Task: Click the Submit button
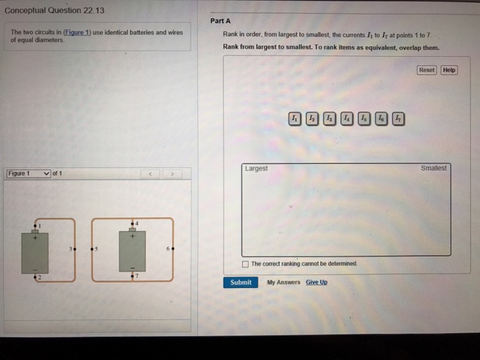point(241,283)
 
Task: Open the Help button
point(449,71)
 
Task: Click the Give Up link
point(316,283)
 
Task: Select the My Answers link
point(284,283)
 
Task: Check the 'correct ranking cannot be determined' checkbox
point(246,263)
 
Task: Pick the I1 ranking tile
point(294,118)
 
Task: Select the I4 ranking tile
point(347,118)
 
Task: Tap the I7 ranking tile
point(399,118)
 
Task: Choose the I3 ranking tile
point(329,118)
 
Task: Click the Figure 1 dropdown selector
point(28,173)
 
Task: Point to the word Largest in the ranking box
point(256,169)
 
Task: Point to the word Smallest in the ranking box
point(433,168)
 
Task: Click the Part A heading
point(215,21)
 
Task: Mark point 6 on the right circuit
point(171,250)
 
